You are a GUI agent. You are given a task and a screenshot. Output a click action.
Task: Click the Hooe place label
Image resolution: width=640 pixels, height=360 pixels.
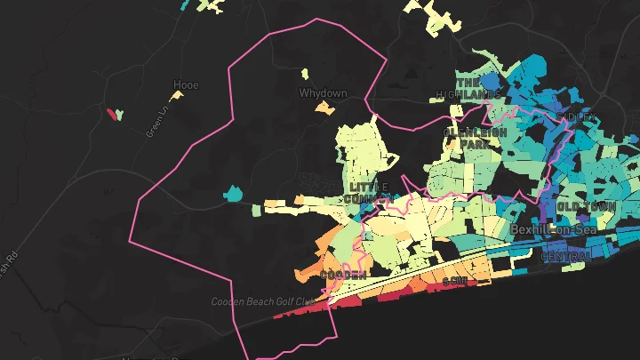click(186, 85)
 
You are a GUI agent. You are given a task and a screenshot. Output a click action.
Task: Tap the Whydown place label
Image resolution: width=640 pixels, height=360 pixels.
click(323, 93)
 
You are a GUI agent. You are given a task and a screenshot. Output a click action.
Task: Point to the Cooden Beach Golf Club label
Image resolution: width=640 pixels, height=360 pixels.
click(263, 301)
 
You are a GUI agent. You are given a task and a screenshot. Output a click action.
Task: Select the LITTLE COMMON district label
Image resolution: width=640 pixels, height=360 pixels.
click(369, 192)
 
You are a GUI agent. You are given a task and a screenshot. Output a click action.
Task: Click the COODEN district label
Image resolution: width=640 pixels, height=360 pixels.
click(343, 276)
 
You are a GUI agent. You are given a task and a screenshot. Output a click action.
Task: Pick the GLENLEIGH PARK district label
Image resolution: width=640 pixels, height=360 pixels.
click(475, 137)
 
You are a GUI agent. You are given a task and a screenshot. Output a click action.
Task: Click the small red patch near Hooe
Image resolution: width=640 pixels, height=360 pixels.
click(112, 115)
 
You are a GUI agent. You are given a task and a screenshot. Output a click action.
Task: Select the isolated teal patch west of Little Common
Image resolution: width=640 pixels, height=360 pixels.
click(234, 193)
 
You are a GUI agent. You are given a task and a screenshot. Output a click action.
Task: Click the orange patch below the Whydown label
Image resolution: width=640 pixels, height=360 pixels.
click(324, 108)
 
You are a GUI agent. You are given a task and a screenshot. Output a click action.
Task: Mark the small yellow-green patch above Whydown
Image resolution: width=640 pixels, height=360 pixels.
click(304, 74)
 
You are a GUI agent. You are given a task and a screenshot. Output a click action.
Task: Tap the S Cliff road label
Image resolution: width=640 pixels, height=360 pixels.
click(454, 281)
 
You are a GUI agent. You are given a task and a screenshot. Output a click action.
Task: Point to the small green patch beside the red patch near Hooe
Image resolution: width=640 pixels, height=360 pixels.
click(120, 114)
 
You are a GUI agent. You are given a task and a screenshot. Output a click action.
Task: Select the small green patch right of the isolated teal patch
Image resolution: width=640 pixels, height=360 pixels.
click(257, 211)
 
